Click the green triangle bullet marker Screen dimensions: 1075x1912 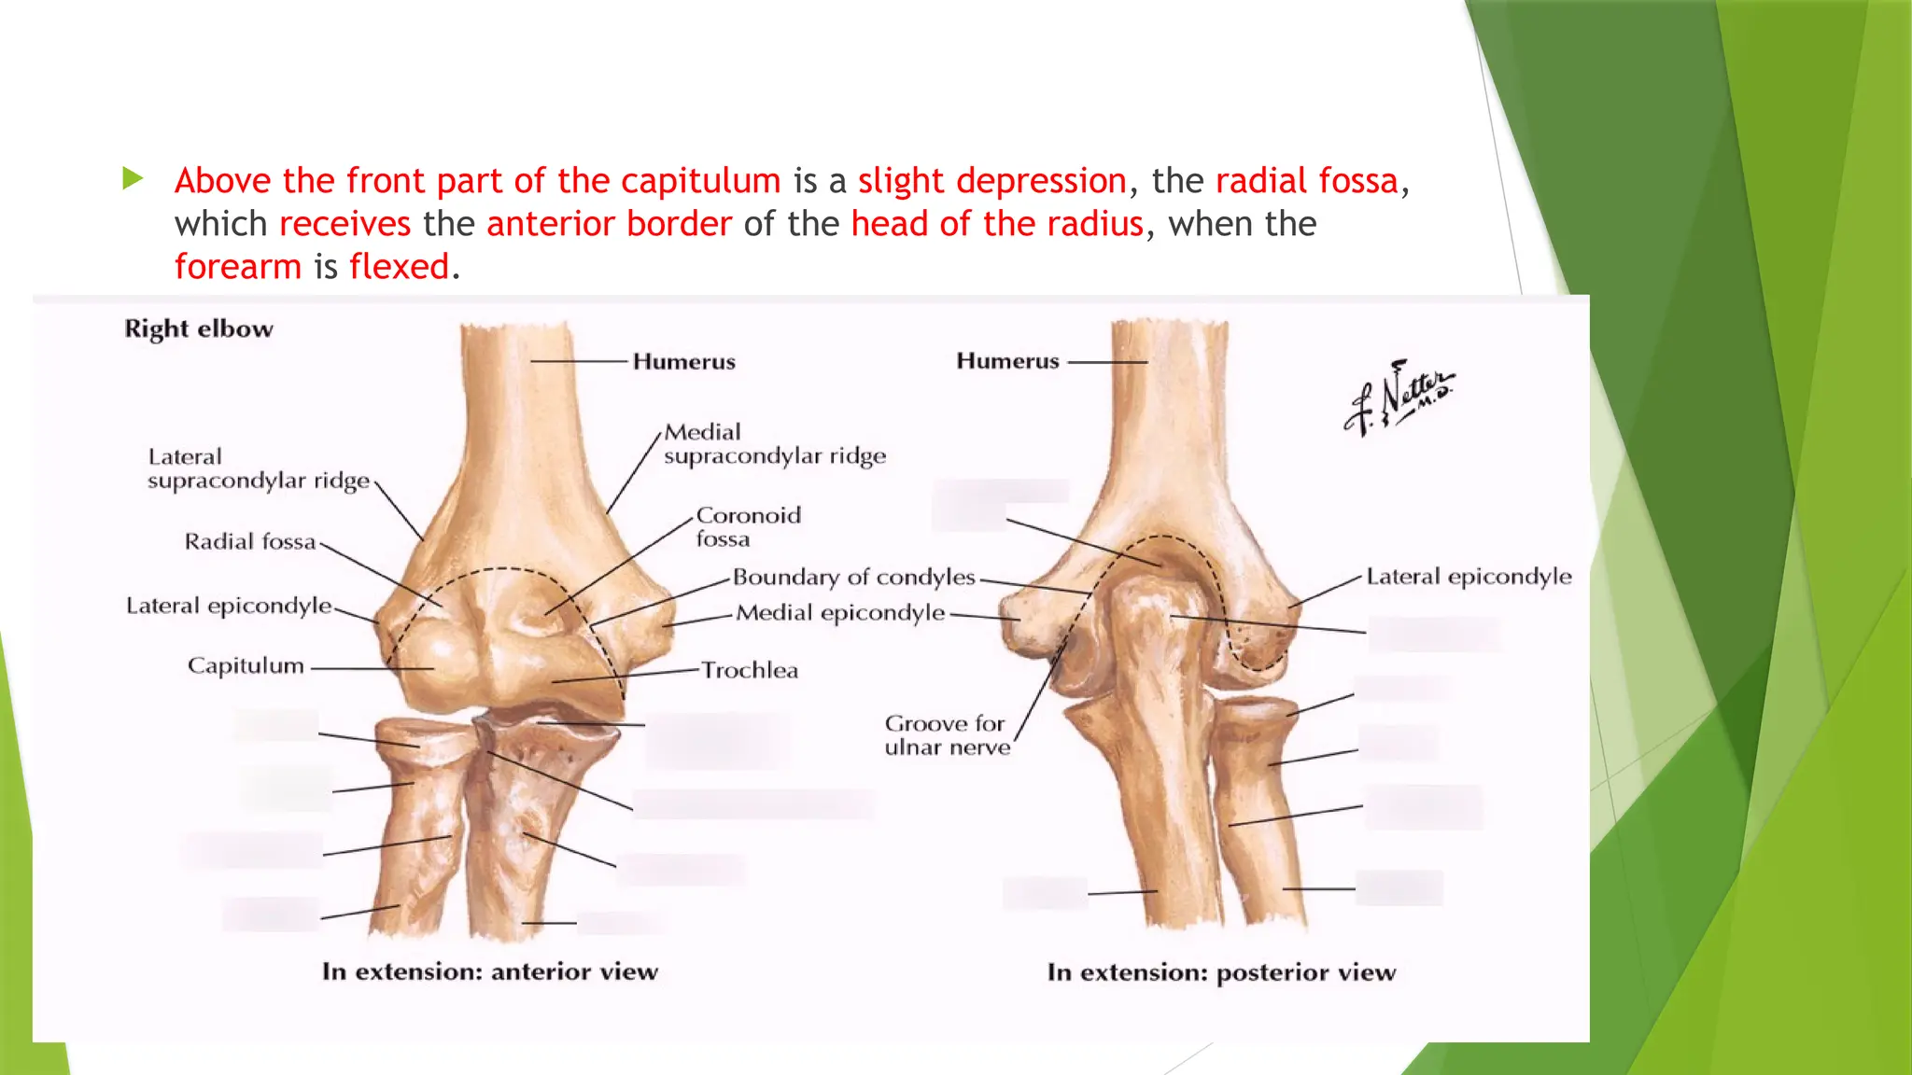pyautogui.click(x=133, y=178)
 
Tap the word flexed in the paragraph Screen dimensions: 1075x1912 pyautogui.click(x=400, y=267)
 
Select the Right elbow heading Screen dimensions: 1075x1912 pyautogui.click(x=199, y=328)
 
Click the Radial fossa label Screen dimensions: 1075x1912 pyautogui.click(x=250, y=542)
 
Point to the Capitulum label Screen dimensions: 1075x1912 pyautogui.click(x=246, y=666)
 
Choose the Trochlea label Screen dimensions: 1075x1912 pyautogui.click(x=750, y=671)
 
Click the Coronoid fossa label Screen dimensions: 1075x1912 pyautogui.click(x=748, y=527)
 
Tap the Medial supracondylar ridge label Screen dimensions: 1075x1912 pyautogui.click(x=774, y=444)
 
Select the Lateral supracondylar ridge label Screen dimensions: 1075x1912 pyautogui.click(x=259, y=469)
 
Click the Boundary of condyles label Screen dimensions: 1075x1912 pyautogui.click(x=853, y=578)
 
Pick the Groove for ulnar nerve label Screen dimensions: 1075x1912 pyautogui.click(x=947, y=735)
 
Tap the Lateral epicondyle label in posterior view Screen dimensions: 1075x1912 pyautogui.click(x=1469, y=577)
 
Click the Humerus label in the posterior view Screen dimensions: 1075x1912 pyautogui.click(x=1007, y=361)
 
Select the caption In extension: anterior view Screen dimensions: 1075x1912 pyautogui.click(x=490, y=972)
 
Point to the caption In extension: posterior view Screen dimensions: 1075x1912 pyautogui.click(x=1221, y=973)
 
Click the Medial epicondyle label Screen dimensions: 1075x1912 pyautogui.click(x=840, y=613)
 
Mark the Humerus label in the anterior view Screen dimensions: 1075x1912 pyautogui.click(x=684, y=362)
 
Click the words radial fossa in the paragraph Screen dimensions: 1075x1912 pyautogui.click(x=1307, y=181)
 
